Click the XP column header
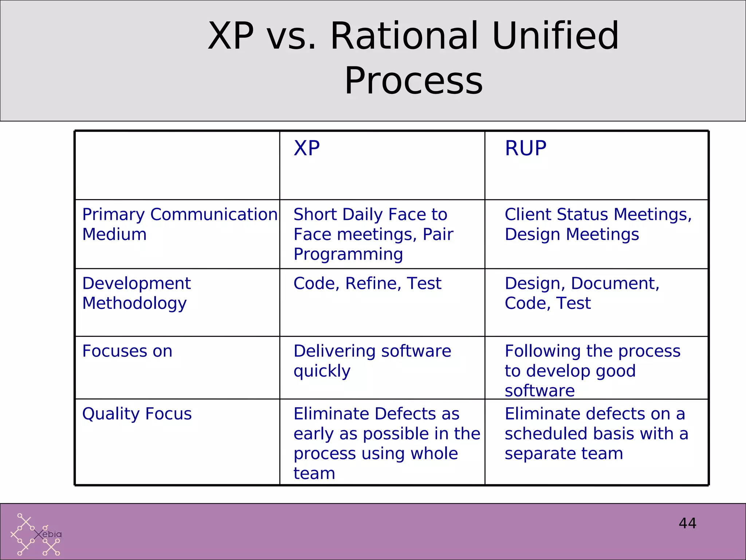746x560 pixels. click(x=307, y=148)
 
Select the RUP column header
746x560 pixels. click(x=525, y=148)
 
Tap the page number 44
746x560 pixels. click(x=687, y=523)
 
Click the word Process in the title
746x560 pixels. click(x=413, y=81)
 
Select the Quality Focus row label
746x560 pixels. click(x=137, y=414)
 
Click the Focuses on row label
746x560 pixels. click(x=127, y=351)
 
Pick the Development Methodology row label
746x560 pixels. click(x=137, y=293)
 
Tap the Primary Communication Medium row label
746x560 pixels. click(x=180, y=224)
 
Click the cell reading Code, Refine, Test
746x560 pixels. click(x=367, y=284)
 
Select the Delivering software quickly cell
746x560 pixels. click(x=372, y=361)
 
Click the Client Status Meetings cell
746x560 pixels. click(x=598, y=224)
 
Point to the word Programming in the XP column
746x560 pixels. click(x=348, y=254)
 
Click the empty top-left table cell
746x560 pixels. click(x=177, y=165)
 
